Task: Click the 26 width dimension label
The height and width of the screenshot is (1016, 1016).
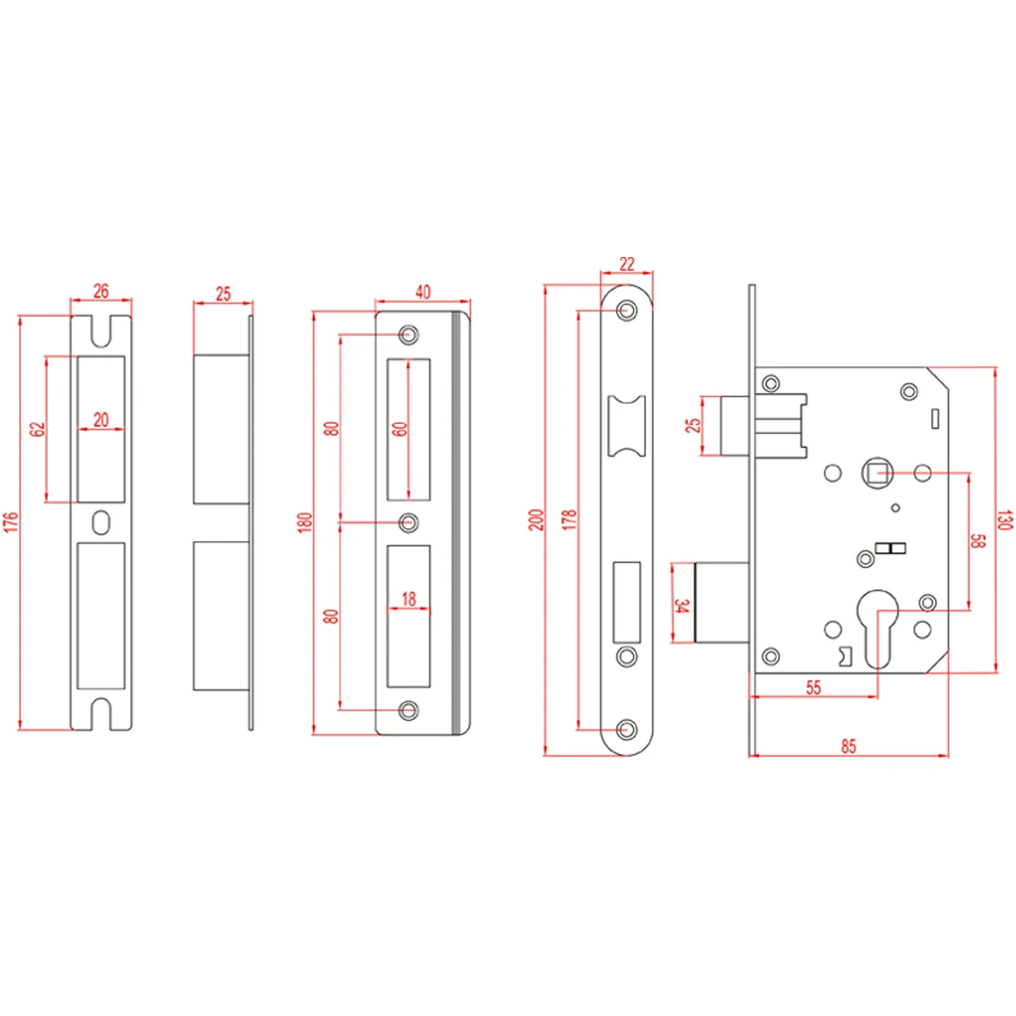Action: pyautogui.click(x=101, y=291)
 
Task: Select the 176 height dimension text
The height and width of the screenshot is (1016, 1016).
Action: pyautogui.click(x=11, y=522)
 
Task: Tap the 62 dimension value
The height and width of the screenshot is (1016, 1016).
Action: pyautogui.click(x=37, y=429)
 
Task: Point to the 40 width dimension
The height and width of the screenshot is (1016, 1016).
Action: pyautogui.click(x=422, y=292)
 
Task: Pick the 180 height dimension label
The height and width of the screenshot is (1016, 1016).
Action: pyautogui.click(x=305, y=522)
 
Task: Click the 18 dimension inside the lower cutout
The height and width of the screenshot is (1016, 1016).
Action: pyautogui.click(x=408, y=598)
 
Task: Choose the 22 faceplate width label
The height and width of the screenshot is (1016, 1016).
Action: pyautogui.click(x=627, y=263)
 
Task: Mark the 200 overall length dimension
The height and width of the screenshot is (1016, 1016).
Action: pyautogui.click(x=536, y=520)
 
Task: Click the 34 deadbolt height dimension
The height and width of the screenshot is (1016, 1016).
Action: pyautogui.click(x=682, y=605)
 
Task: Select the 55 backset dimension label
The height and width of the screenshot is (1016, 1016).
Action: pyautogui.click(x=813, y=687)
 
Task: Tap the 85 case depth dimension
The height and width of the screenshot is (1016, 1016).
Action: pyautogui.click(x=848, y=746)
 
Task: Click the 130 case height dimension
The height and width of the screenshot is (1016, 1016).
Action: pyautogui.click(x=1004, y=520)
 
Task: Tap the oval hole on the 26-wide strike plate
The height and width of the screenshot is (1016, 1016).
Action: pyautogui.click(x=101, y=523)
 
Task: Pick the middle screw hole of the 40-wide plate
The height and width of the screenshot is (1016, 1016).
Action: pyautogui.click(x=408, y=523)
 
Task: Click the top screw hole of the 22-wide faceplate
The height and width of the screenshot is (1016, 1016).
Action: pyautogui.click(x=626, y=310)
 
